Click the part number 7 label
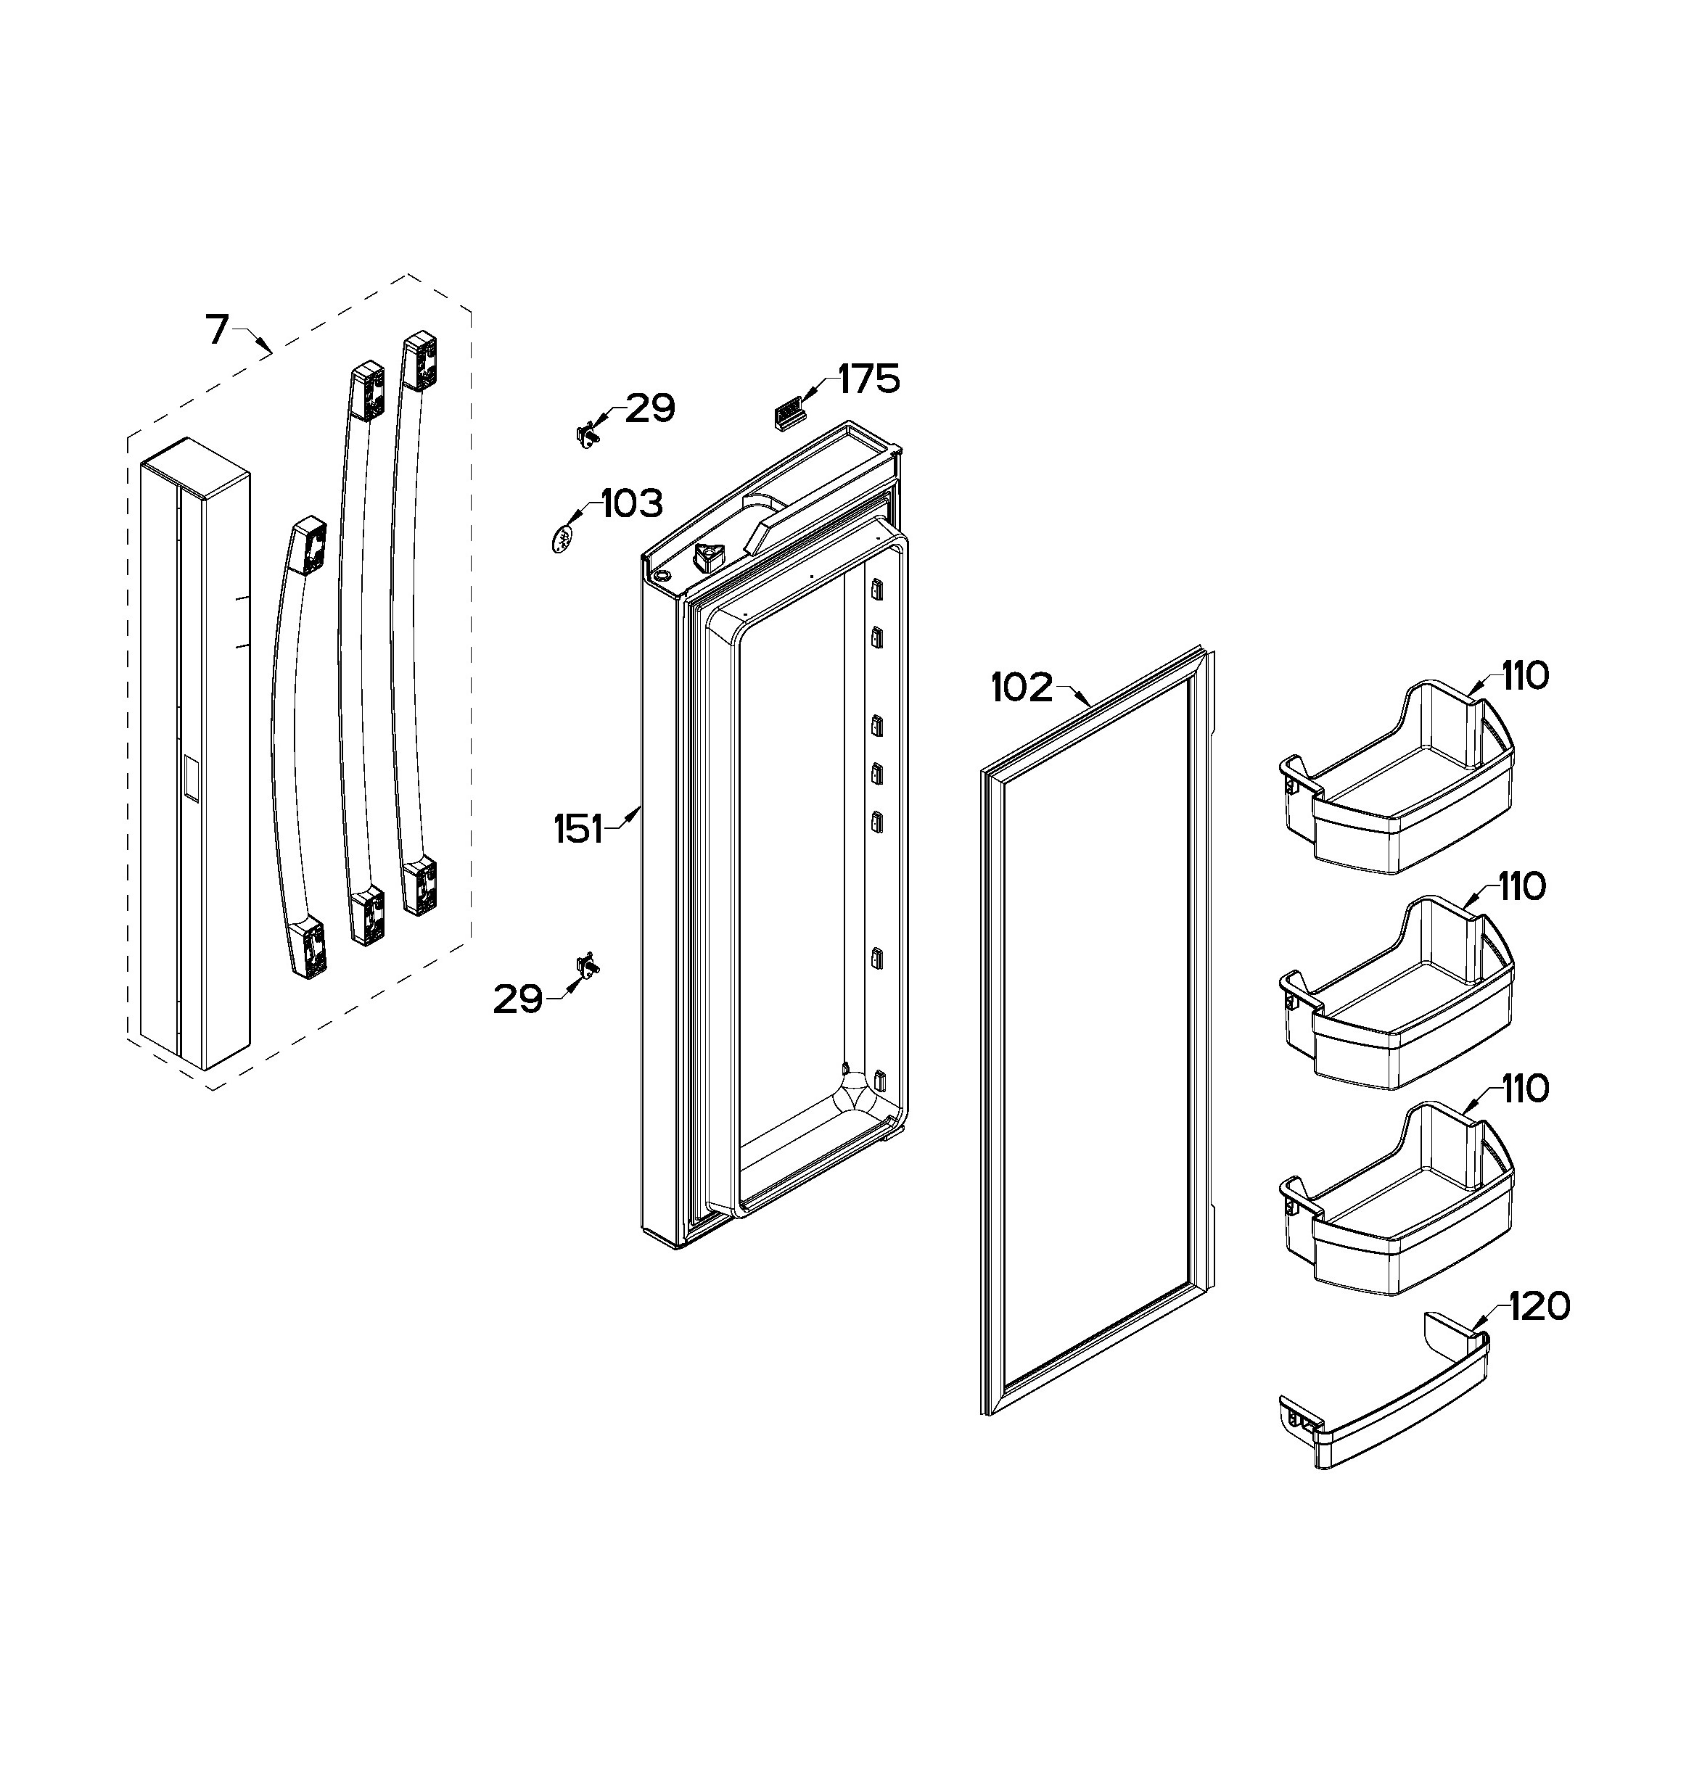coord(217,330)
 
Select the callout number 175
coord(868,379)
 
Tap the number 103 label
coord(632,503)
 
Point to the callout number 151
coord(578,830)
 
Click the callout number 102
coord(1022,688)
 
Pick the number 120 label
coord(1539,1307)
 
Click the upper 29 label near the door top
coord(651,408)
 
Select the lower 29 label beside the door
coord(518,999)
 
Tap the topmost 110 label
coord(1526,676)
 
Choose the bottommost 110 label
coord(1526,1089)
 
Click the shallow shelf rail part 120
coord(1383,1399)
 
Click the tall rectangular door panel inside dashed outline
coord(196,754)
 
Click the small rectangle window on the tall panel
coord(192,778)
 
